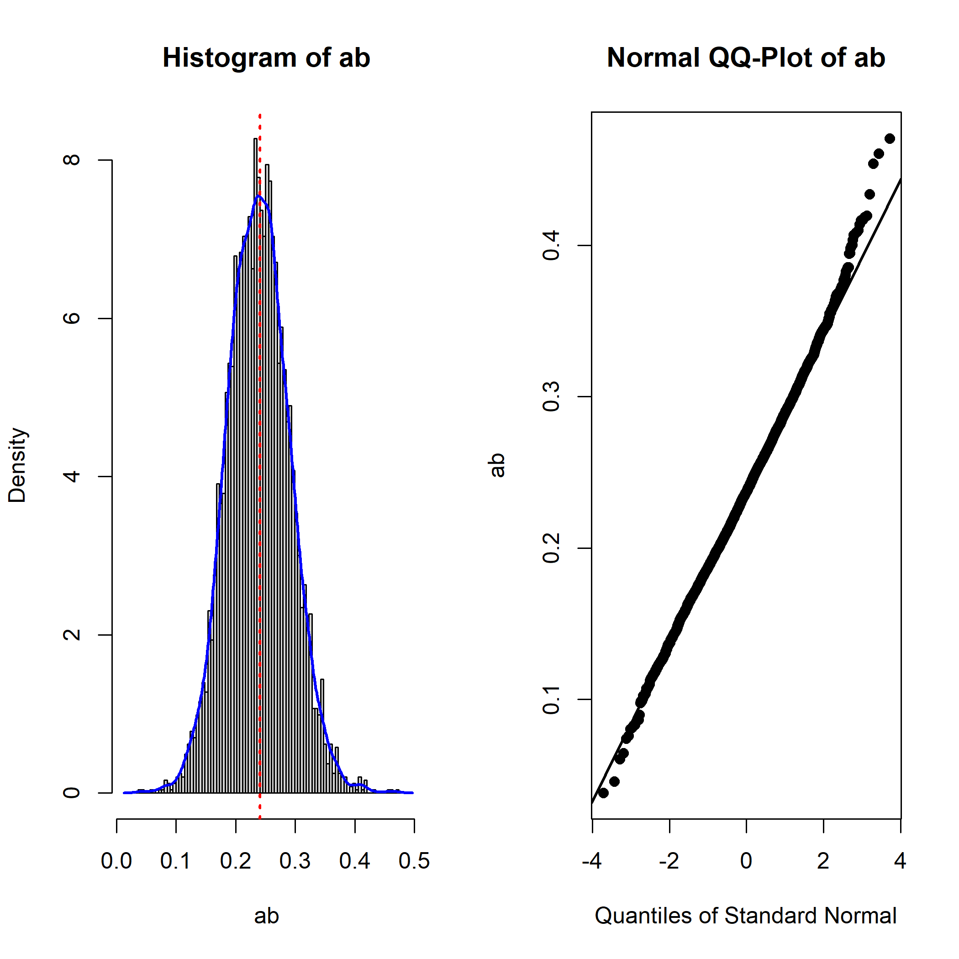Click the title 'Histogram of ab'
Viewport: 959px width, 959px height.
(x=266, y=58)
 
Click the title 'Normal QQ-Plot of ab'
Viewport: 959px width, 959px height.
(x=746, y=58)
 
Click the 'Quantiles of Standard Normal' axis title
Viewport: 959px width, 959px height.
(x=746, y=915)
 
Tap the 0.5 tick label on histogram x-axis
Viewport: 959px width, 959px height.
(x=414, y=861)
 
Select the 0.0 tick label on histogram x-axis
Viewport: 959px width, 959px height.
(x=116, y=861)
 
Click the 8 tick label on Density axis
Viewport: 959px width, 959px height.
(x=72, y=160)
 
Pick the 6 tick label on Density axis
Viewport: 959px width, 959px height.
(x=72, y=318)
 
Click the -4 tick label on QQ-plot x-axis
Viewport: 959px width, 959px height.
(x=592, y=861)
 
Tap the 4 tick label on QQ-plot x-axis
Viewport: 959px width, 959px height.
(x=900, y=861)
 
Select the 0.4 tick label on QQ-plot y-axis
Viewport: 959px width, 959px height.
(x=552, y=245)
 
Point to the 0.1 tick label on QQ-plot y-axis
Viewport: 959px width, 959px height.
(x=552, y=700)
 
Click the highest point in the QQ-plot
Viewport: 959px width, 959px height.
(x=890, y=138)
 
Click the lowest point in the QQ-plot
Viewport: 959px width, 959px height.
(x=604, y=793)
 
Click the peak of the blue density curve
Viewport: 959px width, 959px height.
(x=258, y=196)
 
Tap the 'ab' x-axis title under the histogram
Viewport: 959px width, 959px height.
(x=266, y=916)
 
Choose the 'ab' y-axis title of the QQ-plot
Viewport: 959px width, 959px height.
(x=497, y=465)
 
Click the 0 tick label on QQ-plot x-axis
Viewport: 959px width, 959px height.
(x=746, y=861)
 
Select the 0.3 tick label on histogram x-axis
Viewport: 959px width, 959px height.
(x=295, y=861)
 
